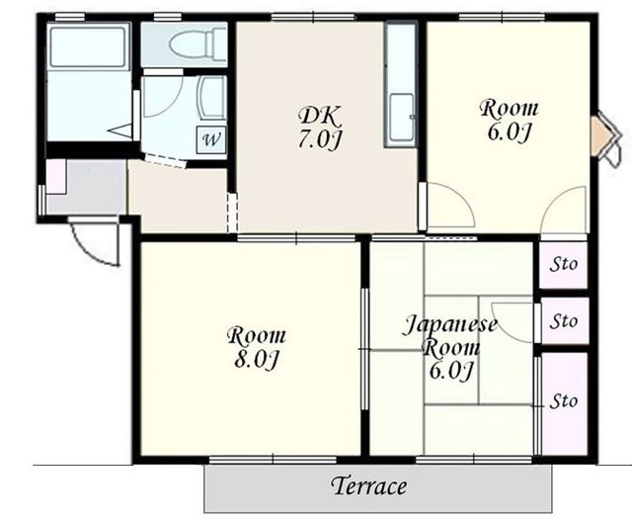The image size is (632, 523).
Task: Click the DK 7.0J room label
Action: (320, 128)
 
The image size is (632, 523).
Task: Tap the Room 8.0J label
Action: (257, 348)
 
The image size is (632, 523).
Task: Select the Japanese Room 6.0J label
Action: (450, 348)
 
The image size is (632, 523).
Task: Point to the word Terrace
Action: (369, 485)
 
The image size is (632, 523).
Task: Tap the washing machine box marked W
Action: (211, 140)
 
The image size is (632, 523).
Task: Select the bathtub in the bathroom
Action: (88, 46)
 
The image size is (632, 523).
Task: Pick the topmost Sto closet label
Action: (564, 265)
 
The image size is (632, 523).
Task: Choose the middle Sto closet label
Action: (564, 321)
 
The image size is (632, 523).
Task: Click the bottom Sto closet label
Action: (564, 401)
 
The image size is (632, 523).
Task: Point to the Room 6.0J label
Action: (509, 121)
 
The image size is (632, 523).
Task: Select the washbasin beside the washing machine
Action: (213, 98)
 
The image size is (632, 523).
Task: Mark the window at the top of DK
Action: (313, 17)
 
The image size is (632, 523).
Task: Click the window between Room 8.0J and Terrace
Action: (273, 460)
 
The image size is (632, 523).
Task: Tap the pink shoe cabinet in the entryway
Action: (56, 176)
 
